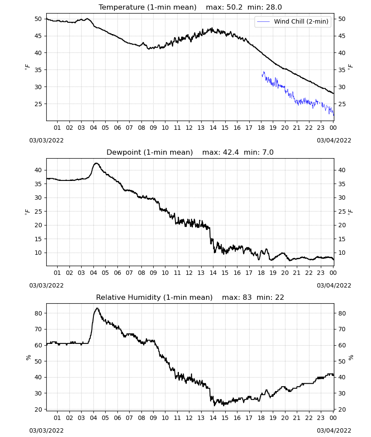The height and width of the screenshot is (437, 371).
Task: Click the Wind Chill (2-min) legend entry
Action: coord(293,21)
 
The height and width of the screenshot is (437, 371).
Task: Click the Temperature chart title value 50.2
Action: coord(234,7)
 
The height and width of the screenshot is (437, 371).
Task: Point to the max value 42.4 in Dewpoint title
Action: coord(231,152)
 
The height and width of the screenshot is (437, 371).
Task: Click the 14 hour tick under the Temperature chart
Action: coord(213,128)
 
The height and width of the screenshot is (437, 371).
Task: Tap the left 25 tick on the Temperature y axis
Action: coord(38,104)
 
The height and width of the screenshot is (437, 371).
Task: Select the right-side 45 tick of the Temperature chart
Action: coord(342,36)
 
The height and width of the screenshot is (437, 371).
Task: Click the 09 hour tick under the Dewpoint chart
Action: coord(153,273)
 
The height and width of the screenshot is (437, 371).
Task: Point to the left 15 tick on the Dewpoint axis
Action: coord(38,239)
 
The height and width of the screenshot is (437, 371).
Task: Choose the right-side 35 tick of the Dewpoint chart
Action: coord(342,184)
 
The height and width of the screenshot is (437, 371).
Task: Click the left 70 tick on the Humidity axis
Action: coord(38,329)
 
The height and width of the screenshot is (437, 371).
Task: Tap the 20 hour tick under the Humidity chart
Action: coord(285,418)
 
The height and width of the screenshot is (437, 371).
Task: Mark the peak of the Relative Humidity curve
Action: coord(97,308)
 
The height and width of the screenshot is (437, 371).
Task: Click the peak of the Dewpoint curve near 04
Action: coord(96,163)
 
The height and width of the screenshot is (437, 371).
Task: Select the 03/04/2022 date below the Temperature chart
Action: coord(334,140)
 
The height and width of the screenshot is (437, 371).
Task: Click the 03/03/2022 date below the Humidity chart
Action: coord(46,430)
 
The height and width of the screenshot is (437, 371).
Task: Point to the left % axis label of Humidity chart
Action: coord(28,357)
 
